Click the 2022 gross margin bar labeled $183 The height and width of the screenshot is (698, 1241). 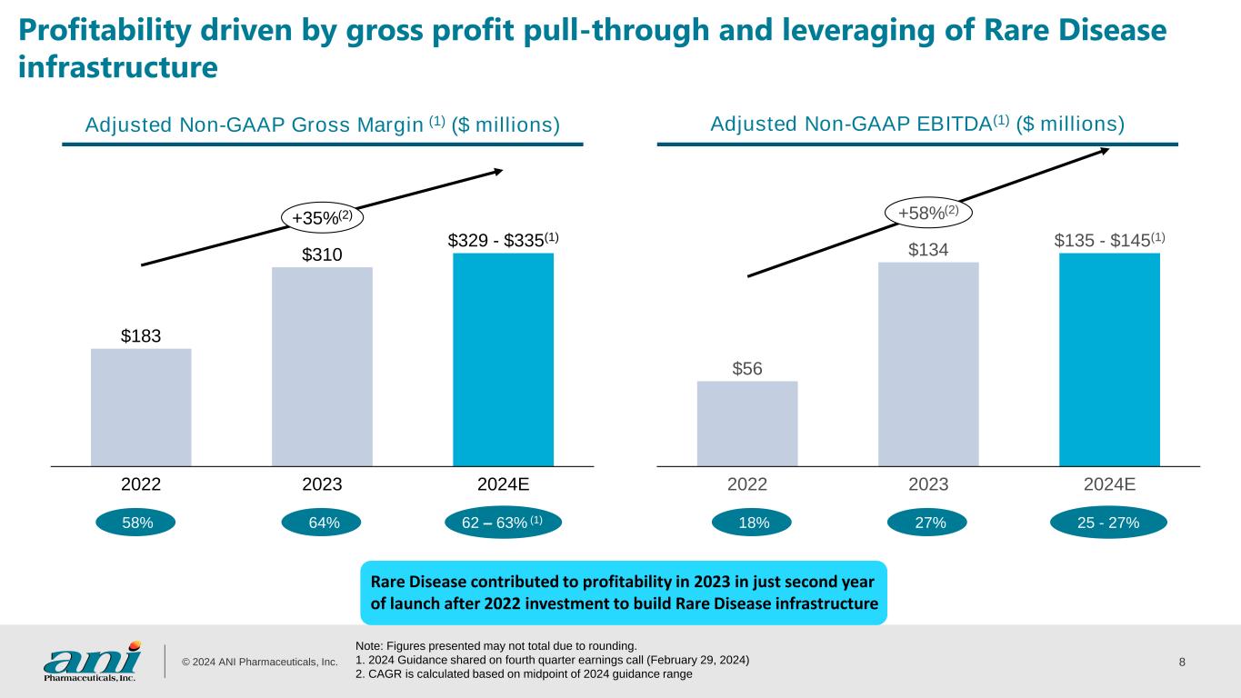pyautogui.click(x=141, y=406)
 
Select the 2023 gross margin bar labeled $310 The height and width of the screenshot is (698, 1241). pyautogui.click(x=322, y=365)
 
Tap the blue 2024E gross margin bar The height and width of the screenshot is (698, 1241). pyautogui.click(x=503, y=359)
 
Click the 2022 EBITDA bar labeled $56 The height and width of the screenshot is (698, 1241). pyautogui.click(x=747, y=423)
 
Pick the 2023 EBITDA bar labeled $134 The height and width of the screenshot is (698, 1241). pyautogui.click(x=928, y=364)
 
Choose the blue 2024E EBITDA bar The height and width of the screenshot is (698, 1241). pyautogui.click(x=1109, y=359)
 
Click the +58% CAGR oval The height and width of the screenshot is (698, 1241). pyautogui.click(x=929, y=213)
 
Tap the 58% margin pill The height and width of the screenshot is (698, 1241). pyautogui.click(x=136, y=523)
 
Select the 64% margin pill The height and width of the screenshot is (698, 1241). pyautogui.click(x=323, y=523)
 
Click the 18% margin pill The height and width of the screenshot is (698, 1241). pyautogui.click(x=753, y=523)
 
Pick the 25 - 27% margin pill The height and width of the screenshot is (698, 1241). pyautogui.click(x=1108, y=523)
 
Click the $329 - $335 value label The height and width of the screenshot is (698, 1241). pyautogui.click(x=503, y=239)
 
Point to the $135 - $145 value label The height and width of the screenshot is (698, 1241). pyautogui.click(x=1109, y=240)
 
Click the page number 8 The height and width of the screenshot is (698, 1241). pyautogui.click(x=1181, y=661)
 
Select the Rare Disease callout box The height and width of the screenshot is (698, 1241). pyautogui.click(x=624, y=593)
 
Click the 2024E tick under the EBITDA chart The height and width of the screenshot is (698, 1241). pyautogui.click(x=1109, y=484)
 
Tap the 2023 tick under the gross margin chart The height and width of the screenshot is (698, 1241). pyautogui.click(x=322, y=484)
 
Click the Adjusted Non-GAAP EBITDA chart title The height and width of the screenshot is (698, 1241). pyautogui.click(x=916, y=123)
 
